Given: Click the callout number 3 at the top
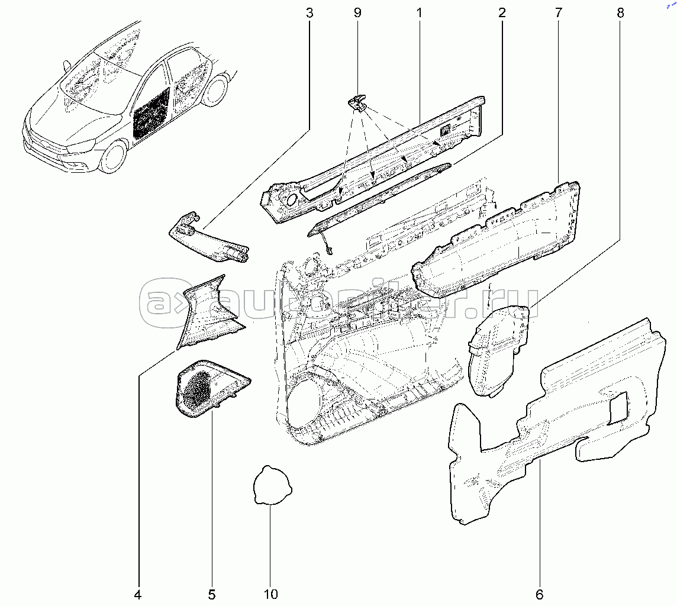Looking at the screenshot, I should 309,12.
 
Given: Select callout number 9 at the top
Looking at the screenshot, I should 357,12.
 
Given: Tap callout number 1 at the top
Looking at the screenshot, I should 418,12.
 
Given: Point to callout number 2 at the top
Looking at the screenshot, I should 502,12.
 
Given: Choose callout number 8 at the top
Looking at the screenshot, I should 620,12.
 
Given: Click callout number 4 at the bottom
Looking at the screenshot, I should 138,594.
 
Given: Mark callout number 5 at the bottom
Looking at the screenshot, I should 211,594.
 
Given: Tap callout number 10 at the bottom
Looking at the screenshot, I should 270,594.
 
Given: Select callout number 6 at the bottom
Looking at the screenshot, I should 539,594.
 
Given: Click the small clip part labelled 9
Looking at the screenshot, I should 356,104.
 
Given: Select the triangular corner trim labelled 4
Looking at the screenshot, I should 207,314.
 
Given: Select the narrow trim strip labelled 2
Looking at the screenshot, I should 379,198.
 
